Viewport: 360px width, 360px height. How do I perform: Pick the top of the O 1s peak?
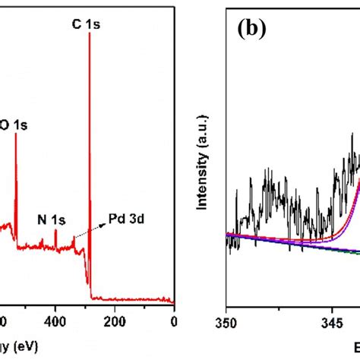tap(37, 134)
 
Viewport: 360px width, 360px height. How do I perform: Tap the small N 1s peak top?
tap(55, 231)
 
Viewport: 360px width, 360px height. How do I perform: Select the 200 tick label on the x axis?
tap(115, 321)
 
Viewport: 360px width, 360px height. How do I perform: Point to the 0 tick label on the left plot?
tap(174, 321)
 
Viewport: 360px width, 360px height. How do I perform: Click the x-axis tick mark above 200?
tap(115, 305)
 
